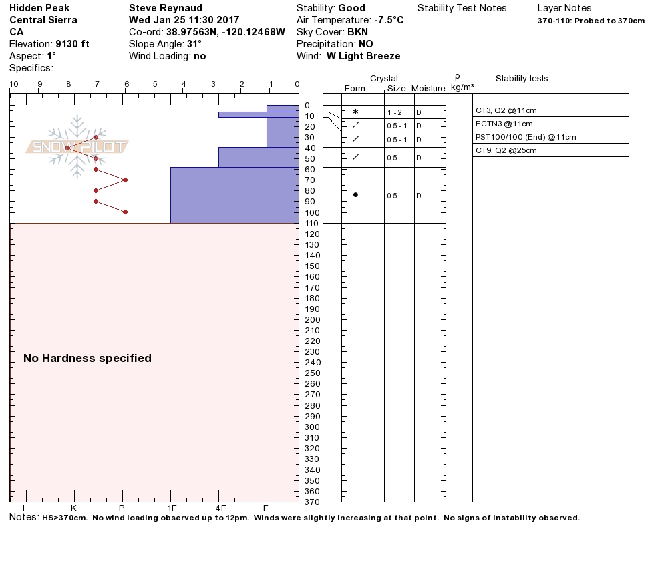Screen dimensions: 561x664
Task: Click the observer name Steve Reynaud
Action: click(x=165, y=8)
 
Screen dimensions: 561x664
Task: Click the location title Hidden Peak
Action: click(x=39, y=8)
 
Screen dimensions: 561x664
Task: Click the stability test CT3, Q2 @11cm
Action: click(x=506, y=111)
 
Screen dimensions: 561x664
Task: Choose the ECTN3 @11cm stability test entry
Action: click(x=504, y=124)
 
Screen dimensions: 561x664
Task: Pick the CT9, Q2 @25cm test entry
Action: click(x=506, y=151)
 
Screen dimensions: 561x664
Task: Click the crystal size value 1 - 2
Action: click(x=395, y=113)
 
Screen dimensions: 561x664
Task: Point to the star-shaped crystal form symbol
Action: click(x=355, y=112)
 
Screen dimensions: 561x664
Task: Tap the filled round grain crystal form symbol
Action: click(x=355, y=195)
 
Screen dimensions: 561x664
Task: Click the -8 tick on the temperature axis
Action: click(x=67, y=84)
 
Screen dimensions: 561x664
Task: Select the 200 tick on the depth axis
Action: click(x=312, y=320)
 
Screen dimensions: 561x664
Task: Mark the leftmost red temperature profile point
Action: click(x=67, y=148)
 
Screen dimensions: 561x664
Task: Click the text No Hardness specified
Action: click(x=88, y=359)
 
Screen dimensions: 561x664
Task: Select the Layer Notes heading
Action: click(x=564, y=8)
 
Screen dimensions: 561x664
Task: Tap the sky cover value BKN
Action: click(x=357, y=32)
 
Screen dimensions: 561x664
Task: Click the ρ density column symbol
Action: click(x=457, y=77)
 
